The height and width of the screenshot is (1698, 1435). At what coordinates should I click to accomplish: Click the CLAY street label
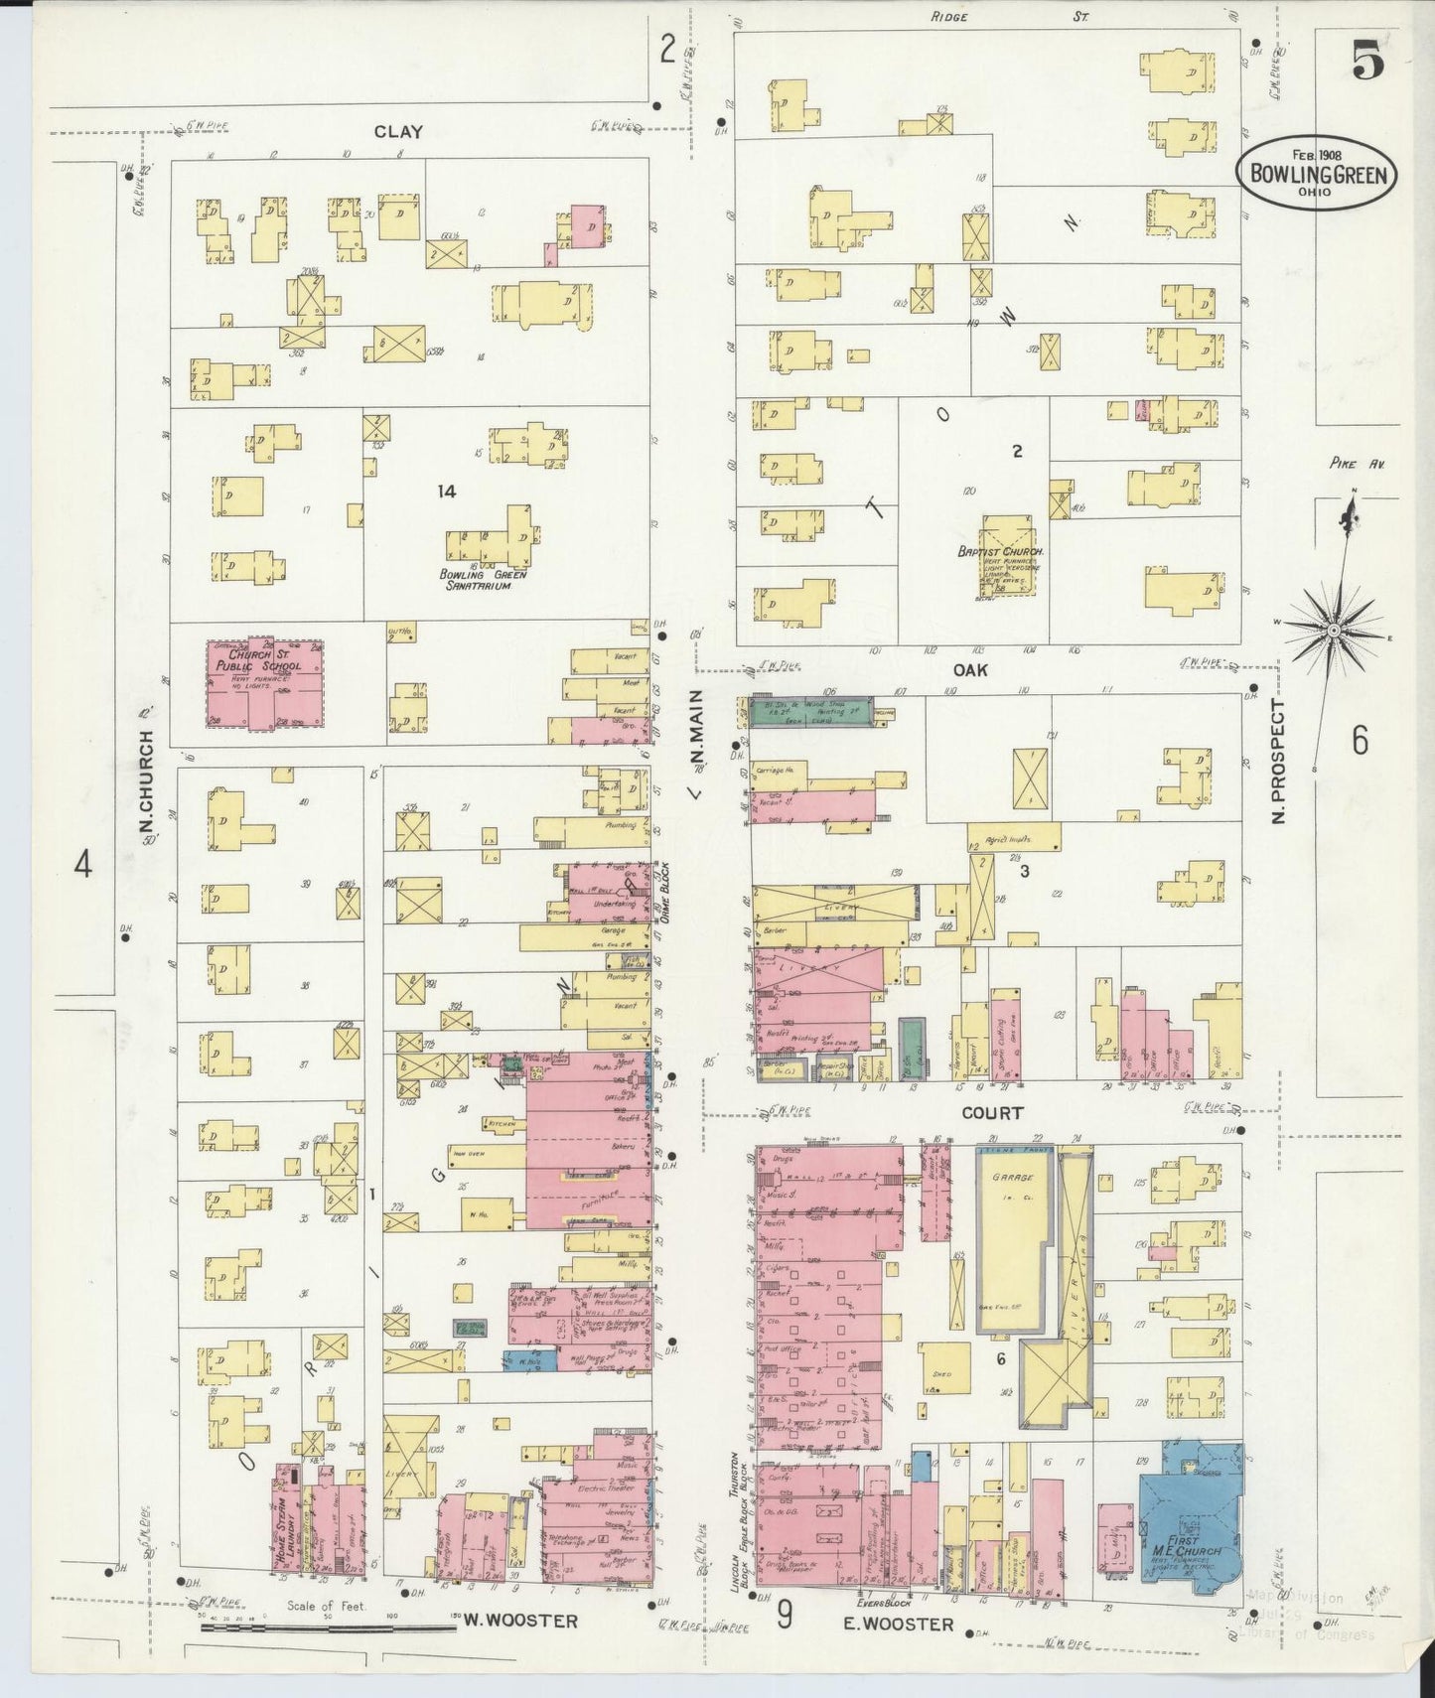tap(398, 132)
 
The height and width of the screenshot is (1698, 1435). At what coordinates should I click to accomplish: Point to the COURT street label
tap(991, 1114)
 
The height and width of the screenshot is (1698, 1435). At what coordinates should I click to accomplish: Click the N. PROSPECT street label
tap(1279, 761)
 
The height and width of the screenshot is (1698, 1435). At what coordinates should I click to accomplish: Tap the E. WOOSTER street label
tap(899, 1625)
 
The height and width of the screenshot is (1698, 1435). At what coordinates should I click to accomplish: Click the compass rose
tap(1335, 630)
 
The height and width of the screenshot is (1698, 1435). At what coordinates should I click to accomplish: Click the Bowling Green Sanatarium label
tap(484, 580)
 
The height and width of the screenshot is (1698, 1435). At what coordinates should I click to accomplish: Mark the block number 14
tap(447, 492)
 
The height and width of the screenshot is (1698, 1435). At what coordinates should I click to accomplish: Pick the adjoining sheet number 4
tap(83, 865)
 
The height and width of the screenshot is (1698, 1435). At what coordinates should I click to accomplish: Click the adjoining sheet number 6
tap(1360, 740)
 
